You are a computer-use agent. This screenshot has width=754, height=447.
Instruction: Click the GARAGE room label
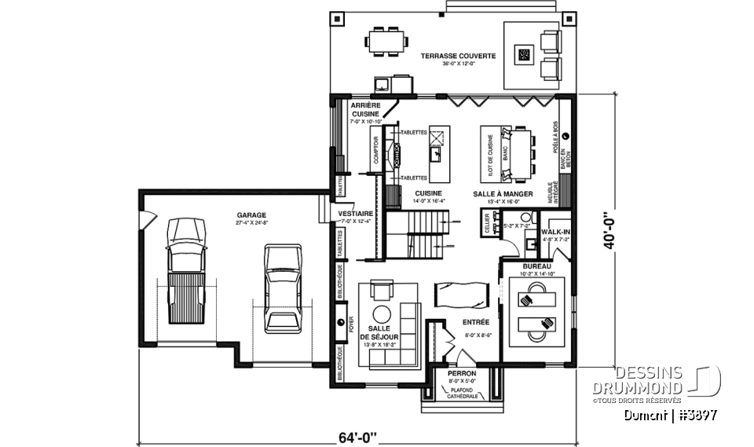click(251, 214)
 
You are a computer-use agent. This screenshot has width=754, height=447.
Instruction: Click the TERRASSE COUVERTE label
click(446, 57)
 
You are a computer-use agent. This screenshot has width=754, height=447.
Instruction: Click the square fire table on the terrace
click(523, 54)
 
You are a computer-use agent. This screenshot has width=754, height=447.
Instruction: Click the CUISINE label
click(428, 193)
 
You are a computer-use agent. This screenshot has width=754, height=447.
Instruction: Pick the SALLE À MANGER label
click(503, 193)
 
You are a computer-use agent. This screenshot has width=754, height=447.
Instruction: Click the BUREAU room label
click(537, 267)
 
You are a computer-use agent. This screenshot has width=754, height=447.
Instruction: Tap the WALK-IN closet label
click(555, 232)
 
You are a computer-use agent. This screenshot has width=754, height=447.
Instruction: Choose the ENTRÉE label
click(476, 322)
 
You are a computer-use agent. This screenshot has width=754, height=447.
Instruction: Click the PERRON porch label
click(462, 374)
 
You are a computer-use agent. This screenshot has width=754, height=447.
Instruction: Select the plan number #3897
click(697, 414)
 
